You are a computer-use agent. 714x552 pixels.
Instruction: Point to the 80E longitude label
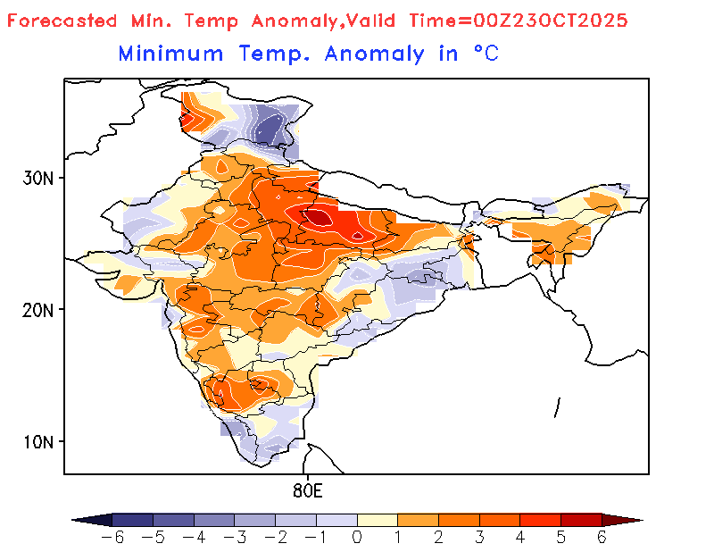[307, 490]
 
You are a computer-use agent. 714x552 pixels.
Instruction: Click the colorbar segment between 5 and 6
[581, 519]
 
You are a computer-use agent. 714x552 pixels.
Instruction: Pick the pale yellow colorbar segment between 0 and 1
[377, 519]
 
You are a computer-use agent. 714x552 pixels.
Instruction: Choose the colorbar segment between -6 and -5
[132, 519]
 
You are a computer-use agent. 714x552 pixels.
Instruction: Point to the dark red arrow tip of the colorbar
[625, 519]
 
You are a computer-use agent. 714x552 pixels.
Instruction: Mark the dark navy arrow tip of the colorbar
[89, 519]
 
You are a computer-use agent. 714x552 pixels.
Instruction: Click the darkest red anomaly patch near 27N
[318, 215]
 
